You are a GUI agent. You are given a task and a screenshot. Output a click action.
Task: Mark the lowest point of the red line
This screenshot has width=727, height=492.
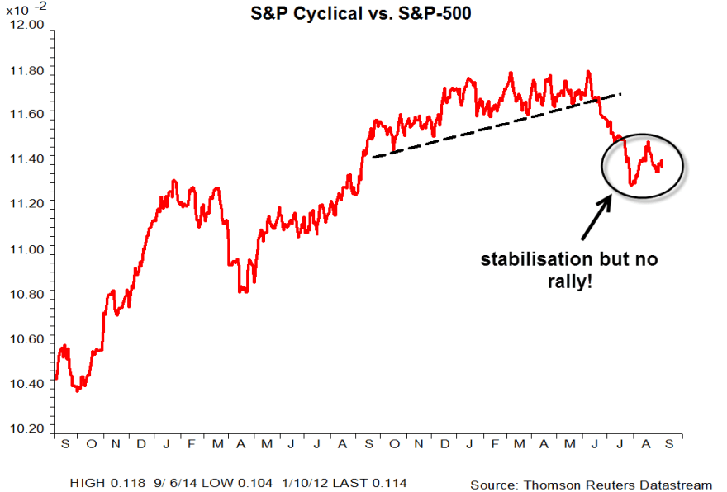coord(77,390)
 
